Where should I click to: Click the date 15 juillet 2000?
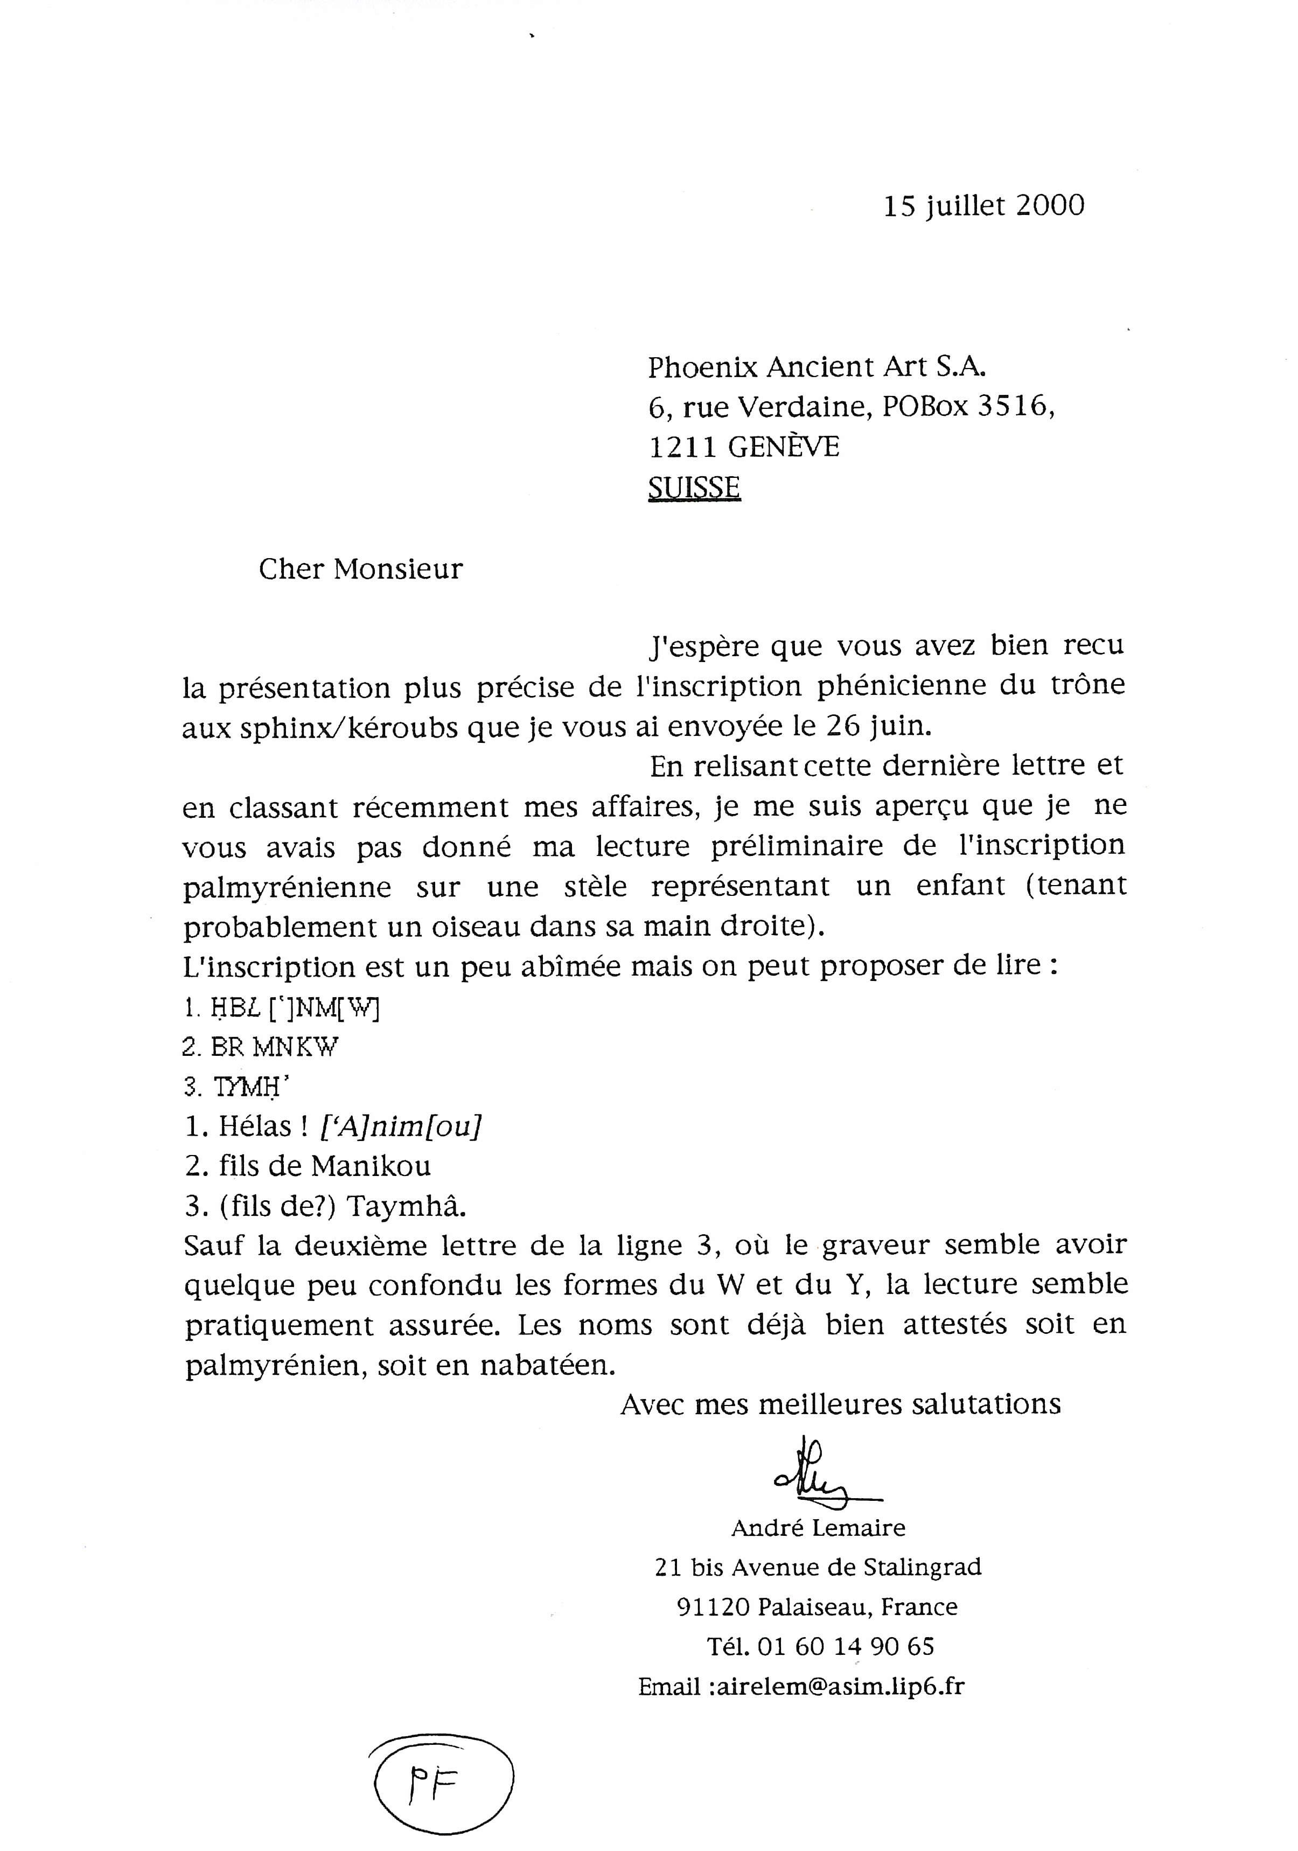pos(983,206)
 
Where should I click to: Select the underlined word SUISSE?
pos(694,488)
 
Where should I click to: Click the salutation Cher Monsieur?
pos(360,569)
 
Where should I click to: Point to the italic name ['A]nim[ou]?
pos(401,1126)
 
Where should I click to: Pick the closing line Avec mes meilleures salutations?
pos(840,1405)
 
